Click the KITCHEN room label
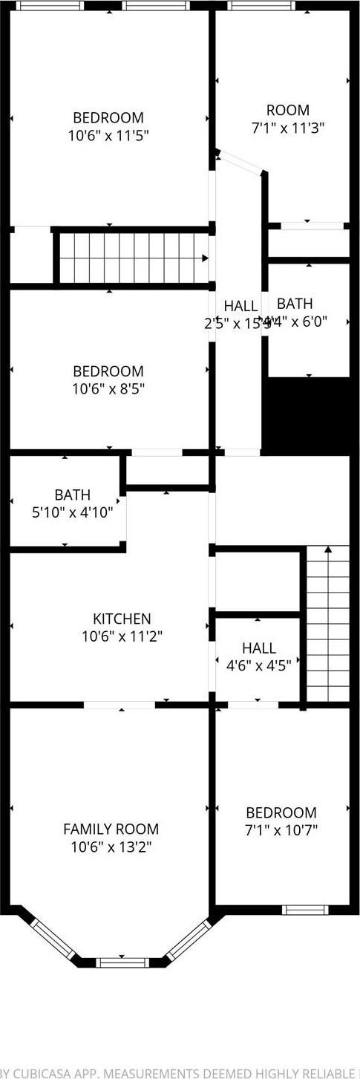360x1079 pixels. click(122, 619)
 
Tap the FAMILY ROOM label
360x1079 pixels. click(111, 829)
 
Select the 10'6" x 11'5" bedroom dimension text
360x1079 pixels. click(108, 136)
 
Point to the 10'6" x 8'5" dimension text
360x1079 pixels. click(108, 389)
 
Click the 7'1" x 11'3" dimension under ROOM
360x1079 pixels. click(288, 128)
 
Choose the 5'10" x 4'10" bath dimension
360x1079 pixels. click(73, 512)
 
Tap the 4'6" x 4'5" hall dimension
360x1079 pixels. click(258, 665)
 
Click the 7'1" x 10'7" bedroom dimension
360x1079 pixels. click(281, 830)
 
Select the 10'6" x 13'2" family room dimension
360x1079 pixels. click(111, 847)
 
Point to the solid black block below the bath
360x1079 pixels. click(307, 416)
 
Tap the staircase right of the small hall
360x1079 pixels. click(327, 624)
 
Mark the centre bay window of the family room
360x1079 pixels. click(122, 962)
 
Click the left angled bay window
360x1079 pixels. click(53, 938)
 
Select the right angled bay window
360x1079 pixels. click(189, 939)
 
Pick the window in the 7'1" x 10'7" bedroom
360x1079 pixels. click(304, 910)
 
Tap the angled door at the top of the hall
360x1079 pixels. click(240, 163)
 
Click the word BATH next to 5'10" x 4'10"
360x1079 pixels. click(73, 495)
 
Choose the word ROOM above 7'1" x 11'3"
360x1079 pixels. click(288, 110)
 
